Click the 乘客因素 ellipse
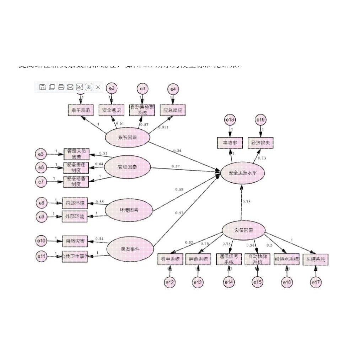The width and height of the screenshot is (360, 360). click(127, 137)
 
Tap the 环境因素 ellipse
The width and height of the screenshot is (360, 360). click(129, 210)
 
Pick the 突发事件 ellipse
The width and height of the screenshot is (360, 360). click(130, 248)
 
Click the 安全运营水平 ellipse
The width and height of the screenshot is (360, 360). click(243, 173)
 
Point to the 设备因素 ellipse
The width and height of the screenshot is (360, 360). click(244, 230)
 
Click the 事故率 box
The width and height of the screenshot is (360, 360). click(230, 143)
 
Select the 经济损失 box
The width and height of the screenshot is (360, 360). click(261, 143)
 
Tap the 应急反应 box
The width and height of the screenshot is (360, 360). click(173, 110)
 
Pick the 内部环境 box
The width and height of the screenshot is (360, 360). click(75, 203)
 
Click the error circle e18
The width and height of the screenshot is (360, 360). click(230, 120)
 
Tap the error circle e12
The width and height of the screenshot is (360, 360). click(170, 283)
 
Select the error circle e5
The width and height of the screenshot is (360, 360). click(41, 154)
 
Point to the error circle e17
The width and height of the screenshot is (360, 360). click(316, 283)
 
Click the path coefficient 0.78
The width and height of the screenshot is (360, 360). click(246, 202)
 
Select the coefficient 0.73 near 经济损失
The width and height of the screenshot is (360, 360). click(262, 158)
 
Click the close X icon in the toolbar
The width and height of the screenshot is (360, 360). click(98, 87)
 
